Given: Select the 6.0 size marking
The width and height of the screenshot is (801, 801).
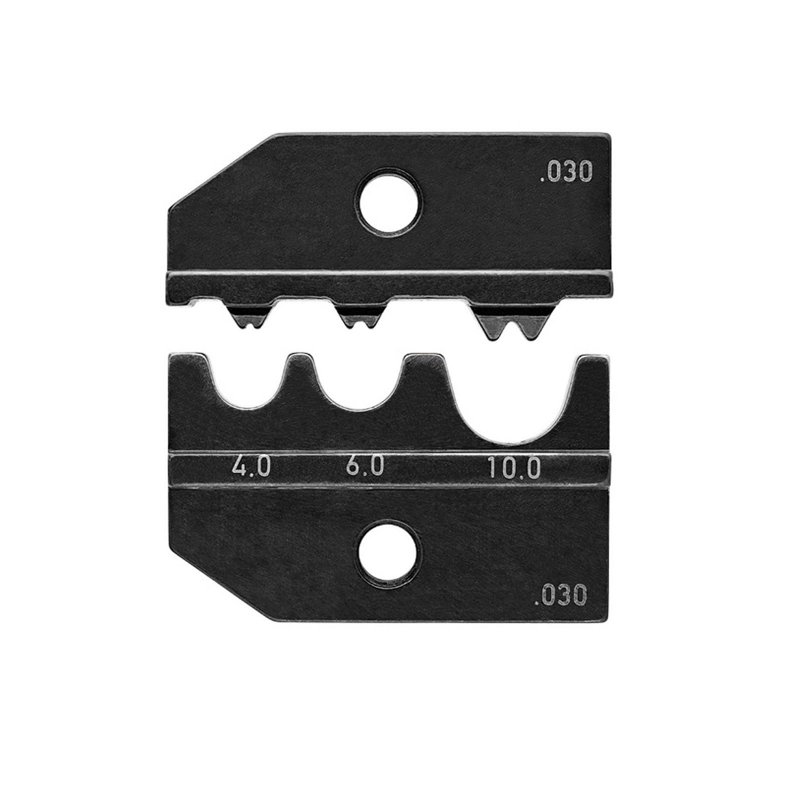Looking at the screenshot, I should [x=364, y=467].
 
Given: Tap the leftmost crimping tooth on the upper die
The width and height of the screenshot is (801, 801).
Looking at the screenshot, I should [x=245, y=318].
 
